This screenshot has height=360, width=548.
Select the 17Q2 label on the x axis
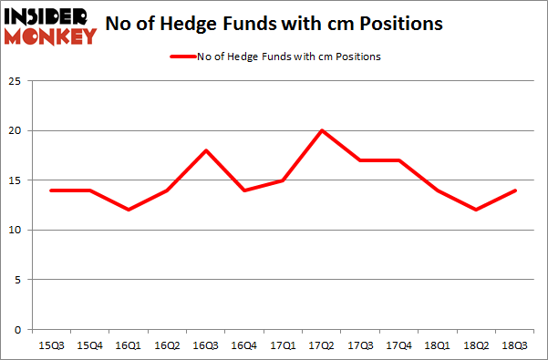click(x=321, y=345)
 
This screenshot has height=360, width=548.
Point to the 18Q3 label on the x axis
click(x=514, y=345)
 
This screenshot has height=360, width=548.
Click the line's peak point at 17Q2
click(x=321, y=131)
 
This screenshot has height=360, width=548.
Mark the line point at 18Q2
click(x=477, y=211)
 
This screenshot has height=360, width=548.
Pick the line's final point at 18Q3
click(x=514, y=190)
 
